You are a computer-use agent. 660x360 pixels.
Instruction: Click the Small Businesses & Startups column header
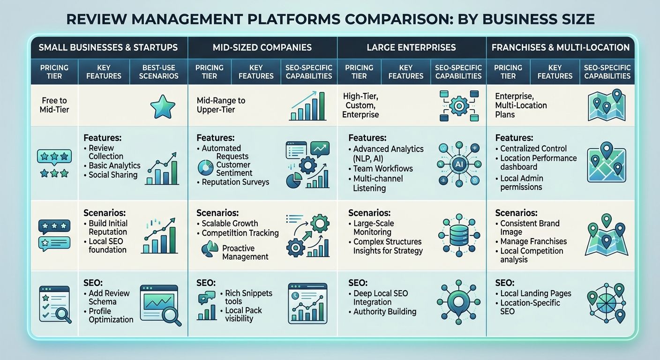[108, 47]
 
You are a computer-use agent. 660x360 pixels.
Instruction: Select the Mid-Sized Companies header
[262, 47]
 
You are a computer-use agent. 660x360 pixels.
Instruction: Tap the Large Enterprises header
[411, 47]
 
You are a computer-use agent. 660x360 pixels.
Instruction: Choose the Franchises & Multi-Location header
[561, 47]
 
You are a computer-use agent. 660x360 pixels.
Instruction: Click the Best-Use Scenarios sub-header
[160, 72]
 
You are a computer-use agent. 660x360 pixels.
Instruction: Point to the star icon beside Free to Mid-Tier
[162, 107]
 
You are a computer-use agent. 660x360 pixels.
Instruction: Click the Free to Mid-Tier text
[54, 105]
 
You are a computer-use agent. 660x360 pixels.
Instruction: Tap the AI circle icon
[458, 165]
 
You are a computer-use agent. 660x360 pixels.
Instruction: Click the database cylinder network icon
[458, 236]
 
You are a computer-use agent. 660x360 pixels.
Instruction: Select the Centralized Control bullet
[533, 148]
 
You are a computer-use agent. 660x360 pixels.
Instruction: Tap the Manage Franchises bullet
[533, 241]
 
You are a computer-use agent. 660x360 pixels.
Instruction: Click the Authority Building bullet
[385, 312]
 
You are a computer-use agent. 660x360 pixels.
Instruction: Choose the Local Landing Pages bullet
[536, 293]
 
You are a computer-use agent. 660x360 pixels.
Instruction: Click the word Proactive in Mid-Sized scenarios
[238, 248]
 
